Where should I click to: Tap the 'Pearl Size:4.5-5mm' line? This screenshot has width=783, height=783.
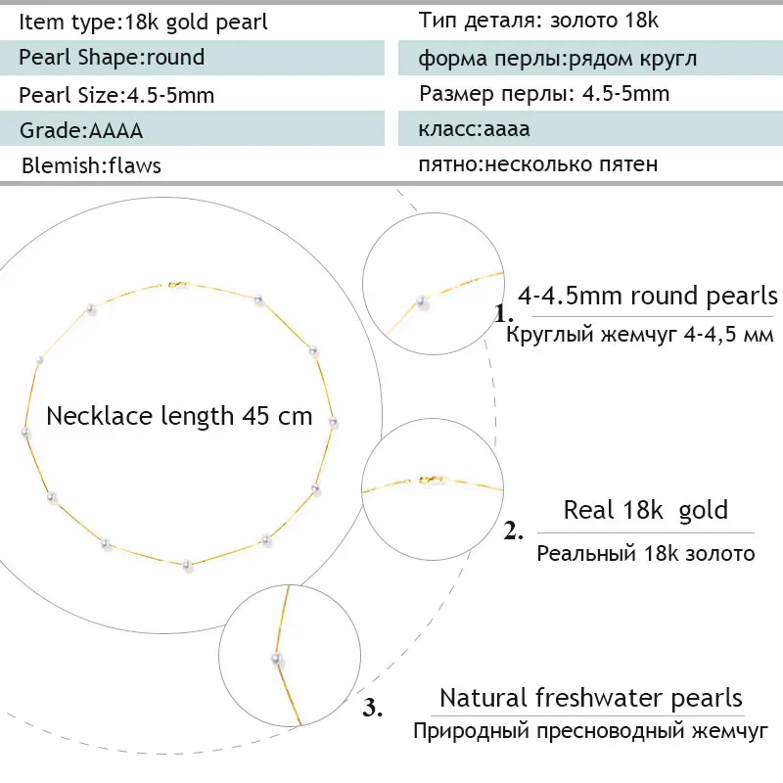(x=116, y=95)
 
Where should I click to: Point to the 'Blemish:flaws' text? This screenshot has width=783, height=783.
(x=91, y=165)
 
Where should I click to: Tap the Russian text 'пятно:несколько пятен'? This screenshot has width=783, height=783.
(x=537, y=164)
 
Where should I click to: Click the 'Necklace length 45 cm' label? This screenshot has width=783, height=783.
(x=179, y=416)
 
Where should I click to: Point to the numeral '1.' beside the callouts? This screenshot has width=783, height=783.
(x=504, y=315)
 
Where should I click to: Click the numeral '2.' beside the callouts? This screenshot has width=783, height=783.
(x=514, y=532)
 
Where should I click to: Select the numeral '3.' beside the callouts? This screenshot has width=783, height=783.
(x=373, y=708)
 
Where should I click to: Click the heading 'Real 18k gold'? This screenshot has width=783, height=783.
(x=646, y=510)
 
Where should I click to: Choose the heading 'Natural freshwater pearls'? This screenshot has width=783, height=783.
(x=591, y=698)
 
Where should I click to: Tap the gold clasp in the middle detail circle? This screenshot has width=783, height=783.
(x=432, y=480)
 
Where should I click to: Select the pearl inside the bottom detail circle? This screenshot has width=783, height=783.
(x=277, y=660)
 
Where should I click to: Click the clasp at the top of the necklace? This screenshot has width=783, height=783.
(x=175, y=284)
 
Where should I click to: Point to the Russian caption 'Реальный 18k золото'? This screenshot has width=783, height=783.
(x=646, y=554)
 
